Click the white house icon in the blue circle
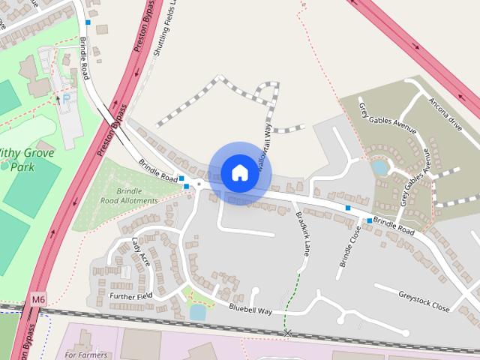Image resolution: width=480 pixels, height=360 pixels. pyautogui.click(x=239, y=172)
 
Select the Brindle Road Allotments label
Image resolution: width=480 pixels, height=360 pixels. pyautogui.click(x=129, y=196)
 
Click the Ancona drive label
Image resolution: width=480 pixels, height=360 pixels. pyautogui.click(x=443, y=111)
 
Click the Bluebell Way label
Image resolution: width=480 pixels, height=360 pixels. pyautogui.click(x=250, y=307)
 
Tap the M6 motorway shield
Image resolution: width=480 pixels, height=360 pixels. pyautogui.click(x=39, y=300)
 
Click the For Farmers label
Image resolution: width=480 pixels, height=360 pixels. pyautogui.click(x=86, y=354)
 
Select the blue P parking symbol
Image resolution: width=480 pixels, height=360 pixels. pyautogui.click(x=65, y=98)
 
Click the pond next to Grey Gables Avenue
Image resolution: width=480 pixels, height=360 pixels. pyautogui.click(x=380, y=167)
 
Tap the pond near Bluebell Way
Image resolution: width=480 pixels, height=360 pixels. pyautogui.click(x=197, y=312)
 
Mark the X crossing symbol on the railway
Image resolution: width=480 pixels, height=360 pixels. pyautogui.click(x=286, y=331)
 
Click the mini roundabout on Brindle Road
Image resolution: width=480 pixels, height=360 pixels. pyautogui.click(x=199, y=184)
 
